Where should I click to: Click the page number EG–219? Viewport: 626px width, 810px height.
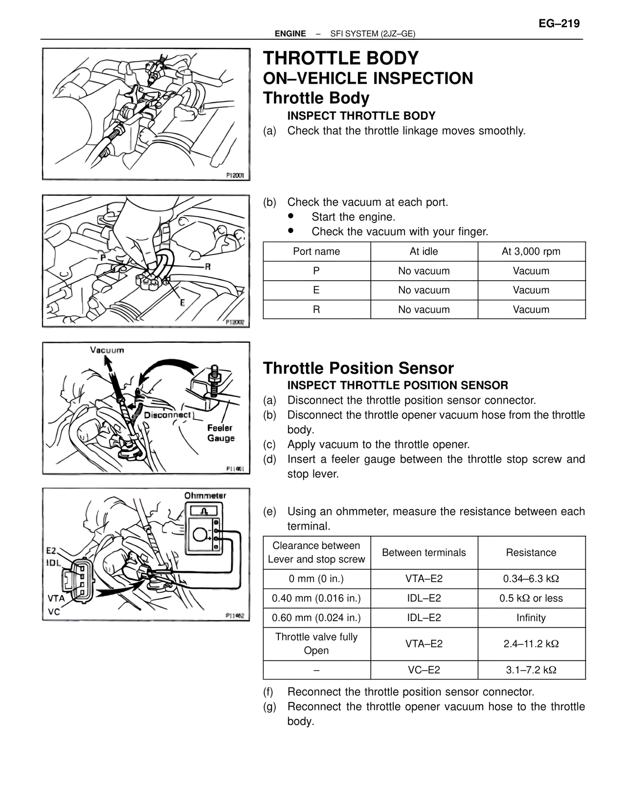coord(559,23)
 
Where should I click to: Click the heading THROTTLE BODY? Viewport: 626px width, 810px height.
coord(341,58)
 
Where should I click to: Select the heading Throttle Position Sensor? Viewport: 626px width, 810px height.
coord(358,368)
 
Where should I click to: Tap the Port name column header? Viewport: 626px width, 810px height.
coord(316,251)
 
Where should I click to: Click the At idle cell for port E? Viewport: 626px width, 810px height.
coord(424,290)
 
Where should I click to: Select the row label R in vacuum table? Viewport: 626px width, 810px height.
coord(316,310)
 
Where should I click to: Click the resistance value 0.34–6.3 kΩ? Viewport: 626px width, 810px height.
coord(531,579)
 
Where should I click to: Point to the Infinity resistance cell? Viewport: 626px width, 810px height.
coord(531,618)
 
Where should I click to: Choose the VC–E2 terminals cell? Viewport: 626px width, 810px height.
coord(424,670)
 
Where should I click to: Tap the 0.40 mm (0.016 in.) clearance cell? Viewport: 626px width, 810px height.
coord(316,598)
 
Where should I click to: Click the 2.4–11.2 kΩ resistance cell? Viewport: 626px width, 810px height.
coord(531,644)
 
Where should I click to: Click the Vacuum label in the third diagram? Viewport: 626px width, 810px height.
coord(107,350)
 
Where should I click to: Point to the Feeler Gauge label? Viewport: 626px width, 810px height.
coord(221,433)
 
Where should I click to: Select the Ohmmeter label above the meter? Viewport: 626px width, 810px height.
coord(205,495)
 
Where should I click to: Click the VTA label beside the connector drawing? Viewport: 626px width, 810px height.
coord(56,598)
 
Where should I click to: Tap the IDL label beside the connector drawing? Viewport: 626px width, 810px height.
coord(54,562)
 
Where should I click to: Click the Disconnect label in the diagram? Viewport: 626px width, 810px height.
coord(167,415)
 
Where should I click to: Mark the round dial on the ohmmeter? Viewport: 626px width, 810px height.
coord(200,535)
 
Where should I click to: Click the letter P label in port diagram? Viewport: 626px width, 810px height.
coord(103,257)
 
